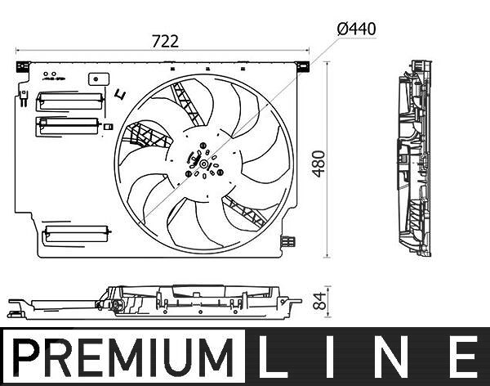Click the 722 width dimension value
pyautogui.click(x=165, y=42)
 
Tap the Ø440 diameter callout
pyautogui.click(x=357, y=29)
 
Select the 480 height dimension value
pyautogui.click(x=319, y=164)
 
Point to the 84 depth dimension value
pyautogui.click(x=319, y=301)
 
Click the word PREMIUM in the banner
pyautogui.click(x=123, y=357)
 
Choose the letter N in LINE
pyautogui.click(x=394, y=357)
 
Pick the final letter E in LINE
pyautogui.click(x=465, y=357)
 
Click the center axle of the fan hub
pyautogui.click(x=203, y=164)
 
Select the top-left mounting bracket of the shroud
pyautogui.click(x=23, y=67)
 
